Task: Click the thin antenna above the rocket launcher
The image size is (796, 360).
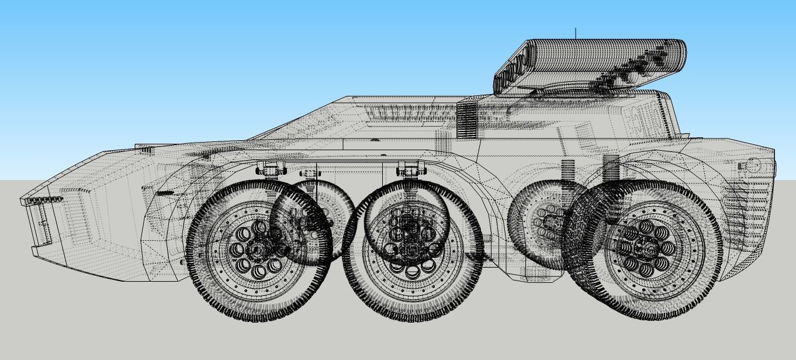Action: point(576,33)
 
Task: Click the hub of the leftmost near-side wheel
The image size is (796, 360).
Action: point(256,250)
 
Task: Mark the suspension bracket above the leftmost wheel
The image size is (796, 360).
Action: point(270,169)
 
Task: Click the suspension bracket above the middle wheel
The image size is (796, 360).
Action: point(410,169)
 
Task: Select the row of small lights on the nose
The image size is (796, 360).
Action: point(44,200)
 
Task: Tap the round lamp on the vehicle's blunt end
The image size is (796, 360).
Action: point(755,166)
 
